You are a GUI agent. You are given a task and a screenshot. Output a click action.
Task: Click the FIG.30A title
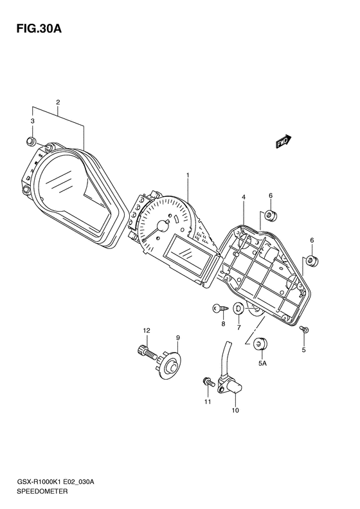click(39, 28)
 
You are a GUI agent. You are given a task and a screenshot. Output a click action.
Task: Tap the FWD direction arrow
click(284, 142)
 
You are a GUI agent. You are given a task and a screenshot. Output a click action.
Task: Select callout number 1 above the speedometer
click(188, 175)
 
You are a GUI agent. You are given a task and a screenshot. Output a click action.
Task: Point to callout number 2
click(58, 102)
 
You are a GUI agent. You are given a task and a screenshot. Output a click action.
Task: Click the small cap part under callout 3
click(30, 141)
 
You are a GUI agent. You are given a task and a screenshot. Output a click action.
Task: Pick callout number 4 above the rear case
click(243, 197)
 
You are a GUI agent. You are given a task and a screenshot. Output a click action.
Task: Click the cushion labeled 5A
click(260, 344)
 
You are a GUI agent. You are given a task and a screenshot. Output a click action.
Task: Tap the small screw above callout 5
click(305, 329)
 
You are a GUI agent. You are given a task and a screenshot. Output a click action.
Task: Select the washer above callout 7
click(239, 308)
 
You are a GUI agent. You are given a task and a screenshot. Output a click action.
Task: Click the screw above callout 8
click(220, 309)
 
